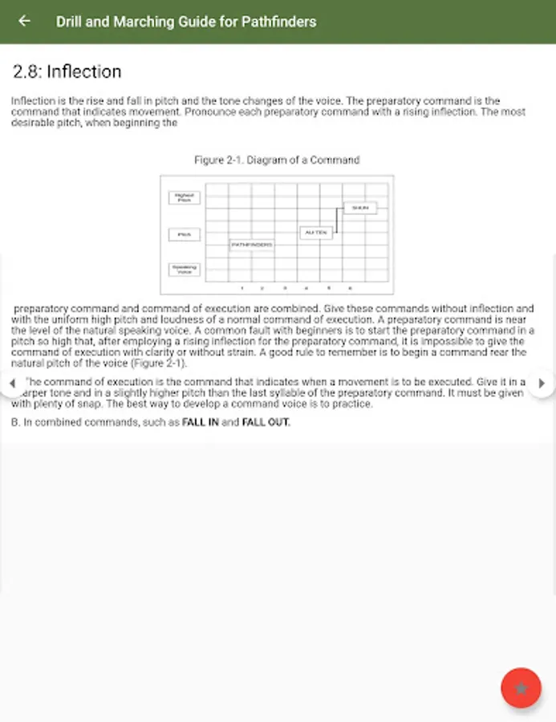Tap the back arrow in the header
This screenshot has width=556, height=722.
click(x=24, y=22)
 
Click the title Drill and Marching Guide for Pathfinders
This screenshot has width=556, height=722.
click(x=186, y=22)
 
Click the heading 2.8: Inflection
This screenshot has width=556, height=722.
click(x=67, y=71)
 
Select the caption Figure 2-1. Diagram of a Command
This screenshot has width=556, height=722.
click(x=277, y=160)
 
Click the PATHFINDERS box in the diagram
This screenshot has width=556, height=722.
click(x=252, y=244)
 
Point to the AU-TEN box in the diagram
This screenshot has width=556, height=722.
click(x=315, y=233)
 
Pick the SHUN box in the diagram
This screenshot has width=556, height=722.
click(x=360, y=208)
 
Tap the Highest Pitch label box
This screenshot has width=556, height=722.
click(x=184, y=197)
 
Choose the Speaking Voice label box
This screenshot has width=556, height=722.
click(x=184, y=270)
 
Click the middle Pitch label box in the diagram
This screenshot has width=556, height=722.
click(x=184, y=234)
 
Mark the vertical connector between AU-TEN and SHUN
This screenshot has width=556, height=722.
click(x=336, y=222)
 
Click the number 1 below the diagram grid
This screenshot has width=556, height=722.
click(x=242, y=288)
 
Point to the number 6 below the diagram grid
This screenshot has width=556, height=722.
click(x=350, y=288)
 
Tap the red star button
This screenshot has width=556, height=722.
click(x=521, y=688)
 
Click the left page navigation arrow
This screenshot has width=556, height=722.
click(x=11, y=383)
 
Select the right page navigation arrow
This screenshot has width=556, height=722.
click(x=542, y=383)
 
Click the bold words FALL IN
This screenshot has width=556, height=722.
click(x=200, y=423)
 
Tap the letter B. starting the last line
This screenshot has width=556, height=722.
click(x=15, y=423)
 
